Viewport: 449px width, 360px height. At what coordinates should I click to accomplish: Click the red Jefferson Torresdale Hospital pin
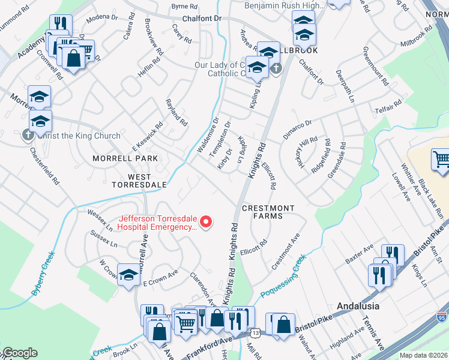click(206, 223)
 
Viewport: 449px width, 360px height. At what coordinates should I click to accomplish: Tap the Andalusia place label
click(358, 305)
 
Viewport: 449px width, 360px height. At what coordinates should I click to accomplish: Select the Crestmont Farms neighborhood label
click(268, 212)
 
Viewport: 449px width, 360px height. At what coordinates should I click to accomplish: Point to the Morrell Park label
click(125, 158)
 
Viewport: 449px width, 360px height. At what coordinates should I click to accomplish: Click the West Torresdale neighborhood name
click(139, 181)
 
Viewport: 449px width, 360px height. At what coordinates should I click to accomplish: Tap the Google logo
click(20, 353)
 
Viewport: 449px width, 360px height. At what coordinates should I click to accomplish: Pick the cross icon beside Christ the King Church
click(28, 135)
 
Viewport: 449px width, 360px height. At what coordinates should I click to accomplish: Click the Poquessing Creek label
click(283, 275)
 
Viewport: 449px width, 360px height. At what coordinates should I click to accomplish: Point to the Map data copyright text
click(424, 355)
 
